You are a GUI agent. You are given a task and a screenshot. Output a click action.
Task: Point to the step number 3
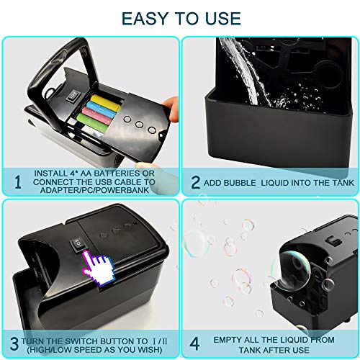(x=15, y=341)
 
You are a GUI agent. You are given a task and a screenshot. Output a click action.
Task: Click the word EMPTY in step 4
(x=230, y=338)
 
